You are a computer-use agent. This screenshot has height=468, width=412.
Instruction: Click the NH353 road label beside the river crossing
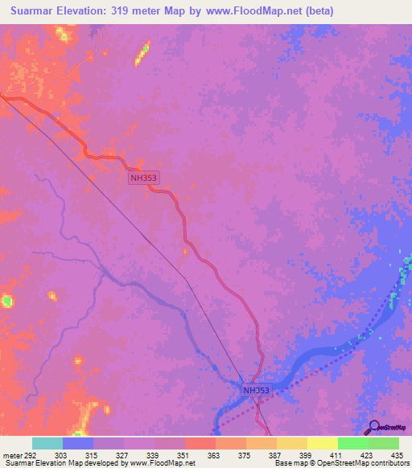coord(259,390)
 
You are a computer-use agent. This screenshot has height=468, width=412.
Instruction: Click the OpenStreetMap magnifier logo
coord(373,427)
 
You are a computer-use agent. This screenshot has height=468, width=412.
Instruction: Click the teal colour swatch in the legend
coord(47,443)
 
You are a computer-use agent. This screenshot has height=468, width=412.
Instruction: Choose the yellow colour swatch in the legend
coord(323,443)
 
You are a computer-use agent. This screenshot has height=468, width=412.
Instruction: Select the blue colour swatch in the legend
coord(78,443)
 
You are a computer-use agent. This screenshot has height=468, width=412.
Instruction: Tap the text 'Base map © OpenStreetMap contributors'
coord(342,463)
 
